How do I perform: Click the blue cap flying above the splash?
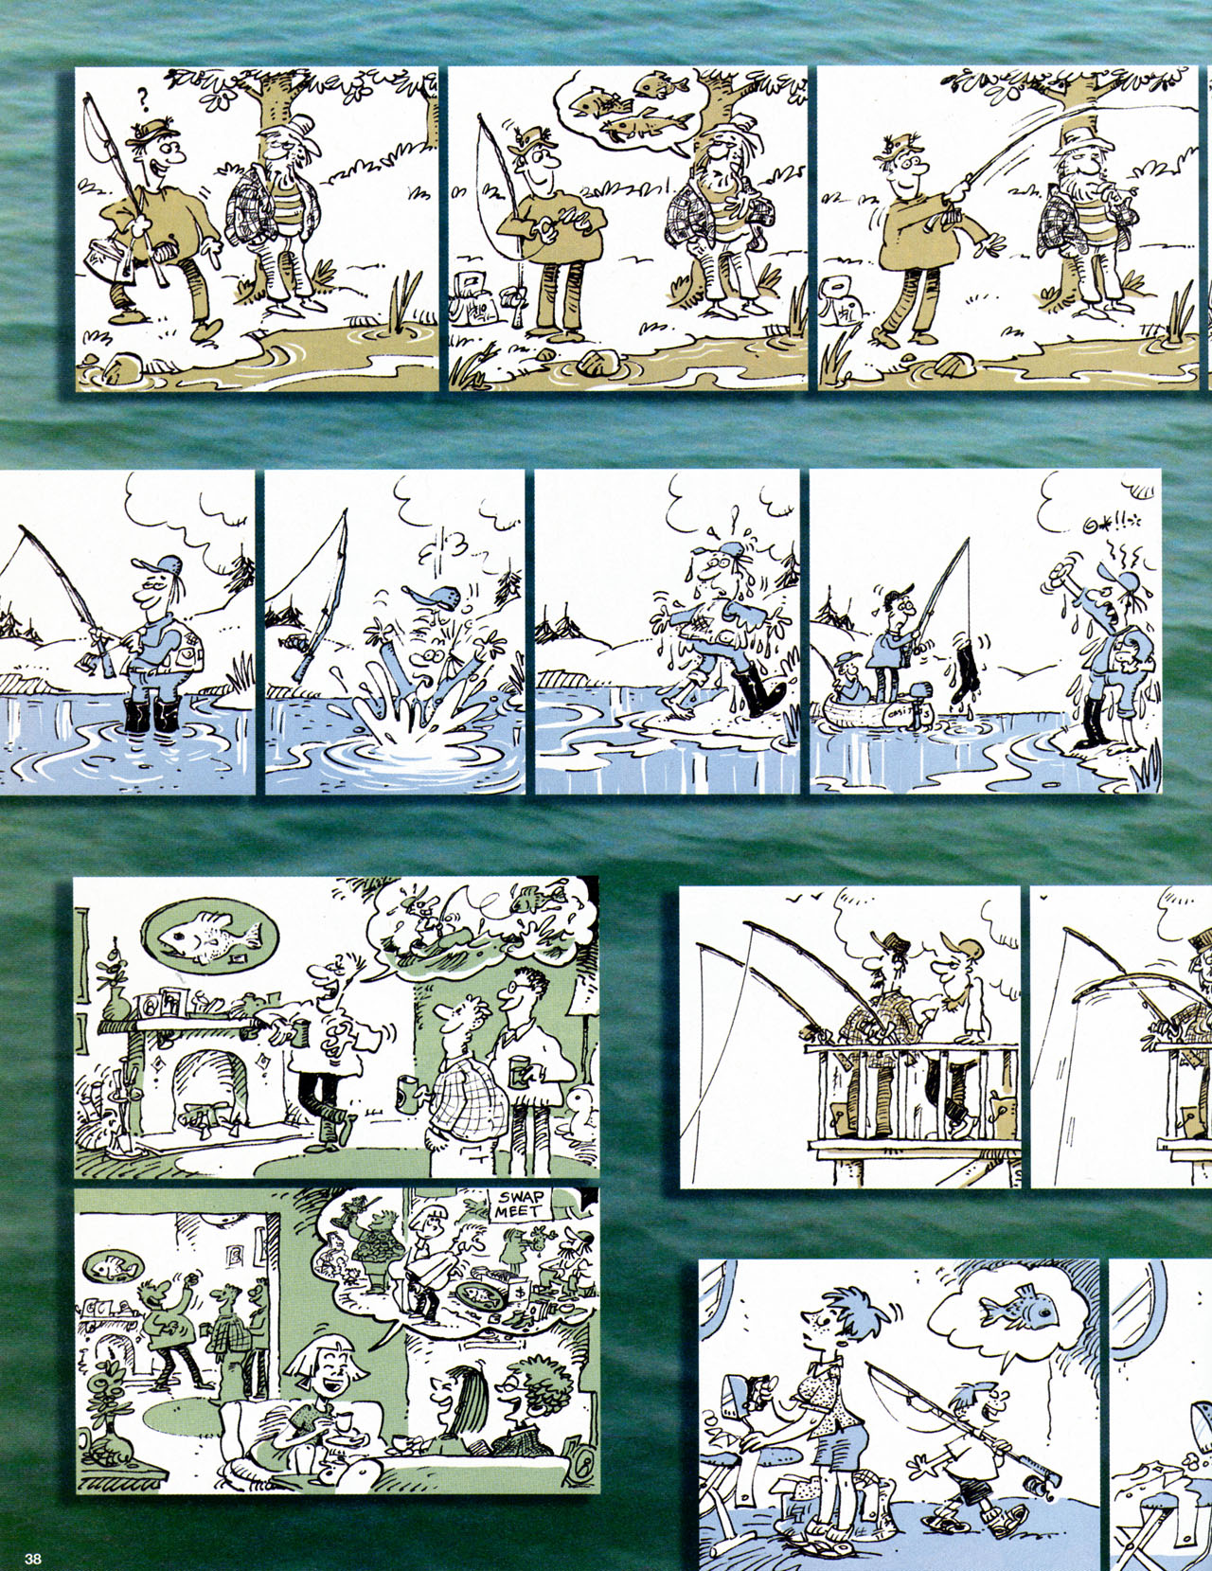click(x=432, y=598)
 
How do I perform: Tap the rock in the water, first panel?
click(x=119, y=365)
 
